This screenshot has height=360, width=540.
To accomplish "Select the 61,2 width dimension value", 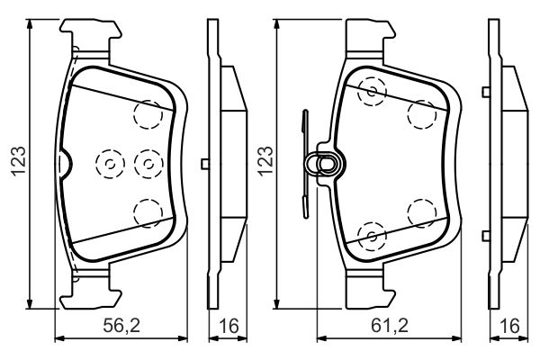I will pyautogui.click(x=383, y=324).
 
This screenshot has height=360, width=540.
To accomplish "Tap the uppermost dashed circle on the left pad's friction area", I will pyautogui.click(x=146, y=113).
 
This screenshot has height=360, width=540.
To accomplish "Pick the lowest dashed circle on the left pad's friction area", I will pyautogui.click(x=146, y=212).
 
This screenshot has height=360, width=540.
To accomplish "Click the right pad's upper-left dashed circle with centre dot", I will pyautogui.click(x=370, y=90).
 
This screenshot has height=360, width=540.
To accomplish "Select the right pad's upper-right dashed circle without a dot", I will pyautogui.click(x=420, y=113).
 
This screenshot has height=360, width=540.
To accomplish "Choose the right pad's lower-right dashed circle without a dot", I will pyautogui.click(x=420, y=212).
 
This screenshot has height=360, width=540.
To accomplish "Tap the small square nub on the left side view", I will pyautogui.click(x=205, y=163).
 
